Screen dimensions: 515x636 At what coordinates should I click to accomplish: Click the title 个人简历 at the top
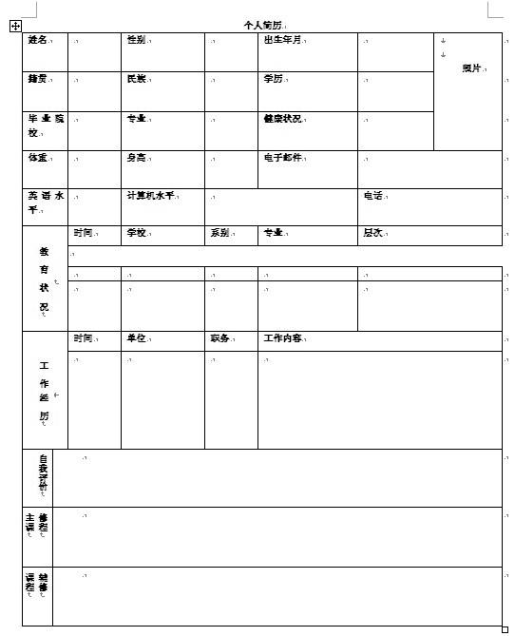(262, 25)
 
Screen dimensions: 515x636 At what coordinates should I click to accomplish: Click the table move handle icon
(15, 27)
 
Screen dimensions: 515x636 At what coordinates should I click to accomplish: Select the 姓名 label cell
(38, 40)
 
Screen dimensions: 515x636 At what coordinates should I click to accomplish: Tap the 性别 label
(136, 40)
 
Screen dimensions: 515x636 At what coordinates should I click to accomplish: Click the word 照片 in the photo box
(472, 67)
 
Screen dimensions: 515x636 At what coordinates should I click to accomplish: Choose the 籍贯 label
(38, 79)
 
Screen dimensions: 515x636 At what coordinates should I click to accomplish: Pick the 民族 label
(136, 79)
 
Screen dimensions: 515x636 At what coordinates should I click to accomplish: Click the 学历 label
(273, 79)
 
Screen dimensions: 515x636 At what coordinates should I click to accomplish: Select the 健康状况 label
(282, 119)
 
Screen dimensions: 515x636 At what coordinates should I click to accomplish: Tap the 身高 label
(136, 157)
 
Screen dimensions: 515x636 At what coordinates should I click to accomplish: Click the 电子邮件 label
(282, 157)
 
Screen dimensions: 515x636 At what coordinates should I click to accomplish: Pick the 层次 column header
(372, 232)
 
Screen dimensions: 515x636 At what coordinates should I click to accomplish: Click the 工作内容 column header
(282, 337)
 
